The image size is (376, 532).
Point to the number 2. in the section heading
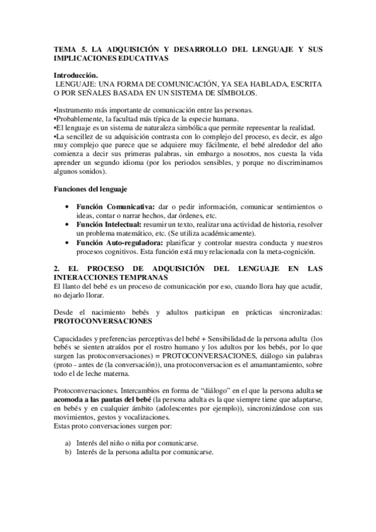tap(57, 269)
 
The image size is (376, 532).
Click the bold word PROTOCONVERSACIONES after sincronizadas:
tap(103, 320)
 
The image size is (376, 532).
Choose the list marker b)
tap(67, 452)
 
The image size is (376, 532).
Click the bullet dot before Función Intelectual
tap(67, 224)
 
